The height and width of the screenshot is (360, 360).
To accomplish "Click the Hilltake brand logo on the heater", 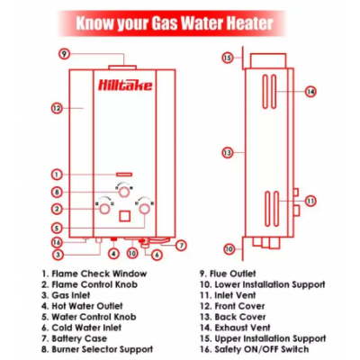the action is (x=125, y=85).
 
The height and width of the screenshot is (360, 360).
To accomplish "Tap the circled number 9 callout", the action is (x=64, y=54).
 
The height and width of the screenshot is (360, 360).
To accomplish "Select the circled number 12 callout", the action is (x=57, y=108).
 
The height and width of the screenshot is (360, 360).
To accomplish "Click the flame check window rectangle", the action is (x=124, y=175).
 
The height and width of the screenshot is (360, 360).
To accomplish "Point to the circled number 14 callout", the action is (x=310, y=91).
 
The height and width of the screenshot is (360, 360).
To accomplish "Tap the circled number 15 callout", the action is (x=228, y=58).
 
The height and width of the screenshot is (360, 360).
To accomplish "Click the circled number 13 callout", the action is (x=228, y=153).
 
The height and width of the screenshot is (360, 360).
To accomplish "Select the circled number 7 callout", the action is (x=181, y=246).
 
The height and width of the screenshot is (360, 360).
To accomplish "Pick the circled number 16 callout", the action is (x=57, y=242).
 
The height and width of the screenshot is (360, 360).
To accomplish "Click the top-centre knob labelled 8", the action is (x=124, y=192).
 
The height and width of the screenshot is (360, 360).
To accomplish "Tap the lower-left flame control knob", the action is (x=104, y=208).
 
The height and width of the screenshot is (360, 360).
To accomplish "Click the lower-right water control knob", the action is (x=145, y=208).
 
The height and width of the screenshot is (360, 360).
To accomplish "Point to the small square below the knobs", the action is (x=125, y=216).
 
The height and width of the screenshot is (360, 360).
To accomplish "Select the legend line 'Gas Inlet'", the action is (x=66, y=295).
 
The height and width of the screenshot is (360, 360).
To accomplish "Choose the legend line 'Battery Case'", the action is (x=74, y=338).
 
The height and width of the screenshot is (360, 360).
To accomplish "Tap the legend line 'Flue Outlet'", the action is (x=228, y=274).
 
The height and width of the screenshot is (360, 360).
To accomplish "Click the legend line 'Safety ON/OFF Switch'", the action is (x=255, y=349).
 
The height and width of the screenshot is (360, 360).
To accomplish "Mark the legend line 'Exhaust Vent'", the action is (x=235, y=328).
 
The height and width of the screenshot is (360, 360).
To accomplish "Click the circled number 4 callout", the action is (x=113, y=254).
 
